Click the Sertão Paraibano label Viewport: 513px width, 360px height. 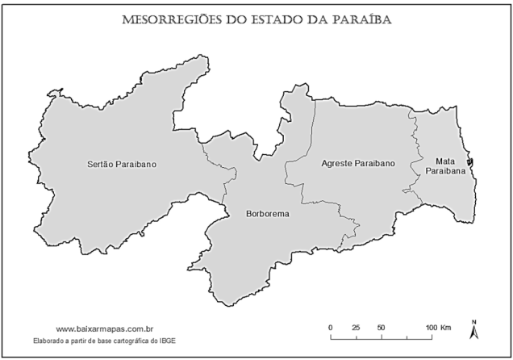click(x=121, y=165)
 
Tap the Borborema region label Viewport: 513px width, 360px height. click(x=267, y=215)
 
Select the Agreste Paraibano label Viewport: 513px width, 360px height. click(x=358, y=163)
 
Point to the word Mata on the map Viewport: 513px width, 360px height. click(x=444, y=161)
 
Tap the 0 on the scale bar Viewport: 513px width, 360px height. click(x=331, y=326)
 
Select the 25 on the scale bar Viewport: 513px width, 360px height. click(x=356, y=326)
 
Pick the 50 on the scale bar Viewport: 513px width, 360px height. click(x=381, y=326)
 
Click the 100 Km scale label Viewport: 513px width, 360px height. click(x=439, y=326)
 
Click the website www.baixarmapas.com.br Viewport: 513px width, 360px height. click(x=105, y=329)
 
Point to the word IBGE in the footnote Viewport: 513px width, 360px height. click(x=188, y=340)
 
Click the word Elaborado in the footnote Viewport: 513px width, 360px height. click(x=50, y=340)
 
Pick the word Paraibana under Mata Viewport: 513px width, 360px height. click(x=445, y=172)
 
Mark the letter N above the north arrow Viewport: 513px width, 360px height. click(x=475, y=321)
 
